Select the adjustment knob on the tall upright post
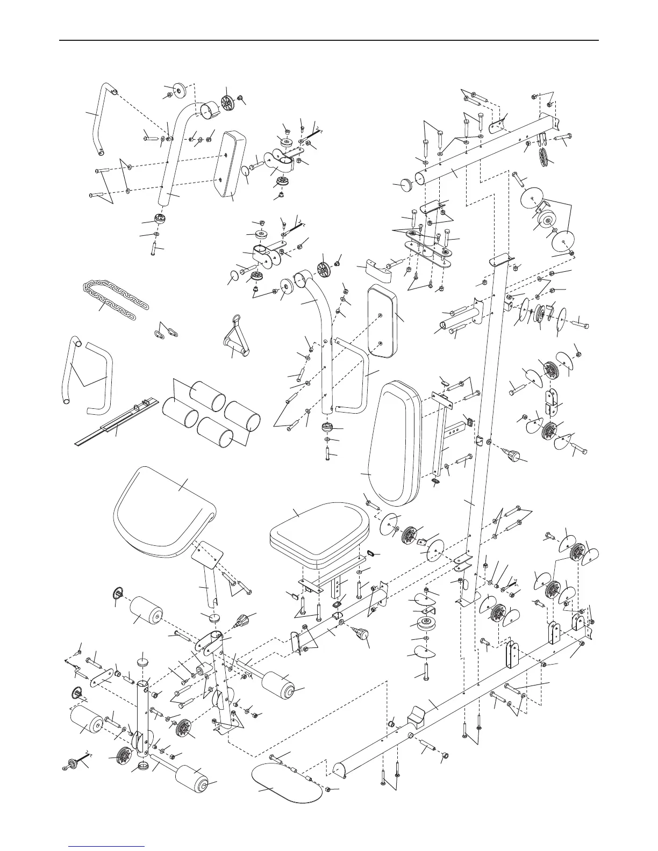(x=515, y=456)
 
